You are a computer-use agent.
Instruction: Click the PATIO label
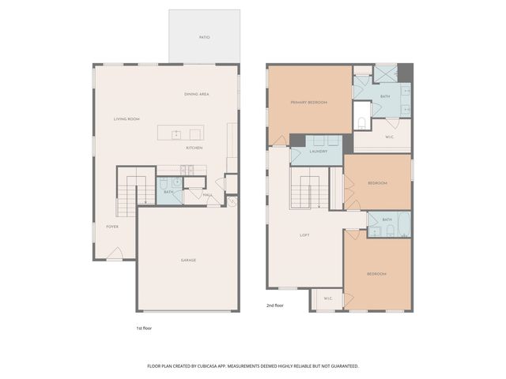pyautogui.click(x=204, y=37)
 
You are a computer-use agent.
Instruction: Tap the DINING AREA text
pyautogui.click(x=196, y=95)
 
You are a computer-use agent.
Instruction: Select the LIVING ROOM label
pyautogui.click(x=126, y=119)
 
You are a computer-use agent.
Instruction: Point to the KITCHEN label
pyautogui.click(x=194, y=148)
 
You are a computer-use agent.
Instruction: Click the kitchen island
pyautogui.click(x=179, y=133)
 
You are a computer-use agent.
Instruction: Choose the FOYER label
pyautogui.click(x=112, y=227)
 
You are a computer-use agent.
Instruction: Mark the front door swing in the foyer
pyautogui.click(x=115, y=253)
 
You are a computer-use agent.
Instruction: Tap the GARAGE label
pyautogui.click(x=188, y=260)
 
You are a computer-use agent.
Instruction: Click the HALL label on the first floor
pyautogui.click(x=207, y=195)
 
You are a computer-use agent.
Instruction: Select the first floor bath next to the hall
pyautogui.click(x=169, y=191)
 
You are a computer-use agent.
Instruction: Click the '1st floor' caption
pyautogui.click(x=144, y=328)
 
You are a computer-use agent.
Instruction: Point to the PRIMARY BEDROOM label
pyautogui.click(x=308, y=103)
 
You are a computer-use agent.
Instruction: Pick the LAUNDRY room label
pyautogui.click(x=319, y=151)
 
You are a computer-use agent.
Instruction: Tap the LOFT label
pyautogui.click(x=304, y=235)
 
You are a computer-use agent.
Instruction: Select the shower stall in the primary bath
pyautogui.click(x=386, y=74)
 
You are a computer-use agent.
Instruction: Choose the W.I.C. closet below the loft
pyautogui.click(x=326, y=298)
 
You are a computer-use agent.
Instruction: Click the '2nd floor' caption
pyautogui.click(x=275, y=304)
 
